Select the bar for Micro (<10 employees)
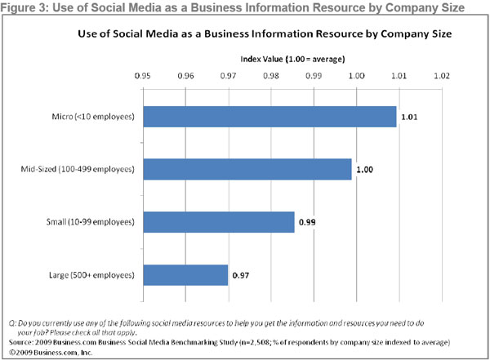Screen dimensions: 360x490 (x=269, y=117)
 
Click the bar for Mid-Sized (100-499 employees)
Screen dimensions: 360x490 (x=247, y=169)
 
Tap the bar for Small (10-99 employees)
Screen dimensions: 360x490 (x=218, y=222)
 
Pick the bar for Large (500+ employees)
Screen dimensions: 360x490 (x=185, y=275)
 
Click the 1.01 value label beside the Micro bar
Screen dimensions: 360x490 (x=408, y=118)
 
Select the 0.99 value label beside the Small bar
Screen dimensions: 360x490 (x=306, y=223)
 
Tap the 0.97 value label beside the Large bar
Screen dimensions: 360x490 (x=241, y=276)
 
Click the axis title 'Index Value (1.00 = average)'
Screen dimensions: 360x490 (x=292, y=60)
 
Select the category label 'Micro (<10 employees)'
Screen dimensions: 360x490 (x=90, y=117)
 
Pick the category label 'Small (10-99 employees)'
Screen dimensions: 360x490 (x=87, y=222)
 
